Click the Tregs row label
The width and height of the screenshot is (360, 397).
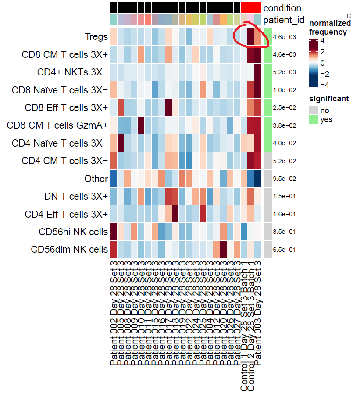pos(96,37)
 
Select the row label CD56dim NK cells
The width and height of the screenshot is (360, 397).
pos(69,250)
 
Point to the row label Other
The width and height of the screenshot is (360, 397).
pos(96,179)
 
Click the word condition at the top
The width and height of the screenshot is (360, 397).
pos(282,8)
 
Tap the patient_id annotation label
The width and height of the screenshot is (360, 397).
pos(283,20)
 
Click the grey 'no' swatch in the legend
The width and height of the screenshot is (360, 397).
pos(313,111)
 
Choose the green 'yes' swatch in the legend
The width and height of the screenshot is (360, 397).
pos(313,119)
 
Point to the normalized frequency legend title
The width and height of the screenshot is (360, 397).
pos(330,28)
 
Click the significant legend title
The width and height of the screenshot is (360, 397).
pos(329,99)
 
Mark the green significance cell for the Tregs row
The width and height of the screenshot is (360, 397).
pos(267,37)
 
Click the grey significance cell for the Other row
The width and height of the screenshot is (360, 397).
pos(267,179)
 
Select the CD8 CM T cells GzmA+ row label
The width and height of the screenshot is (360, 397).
pos(57,125)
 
